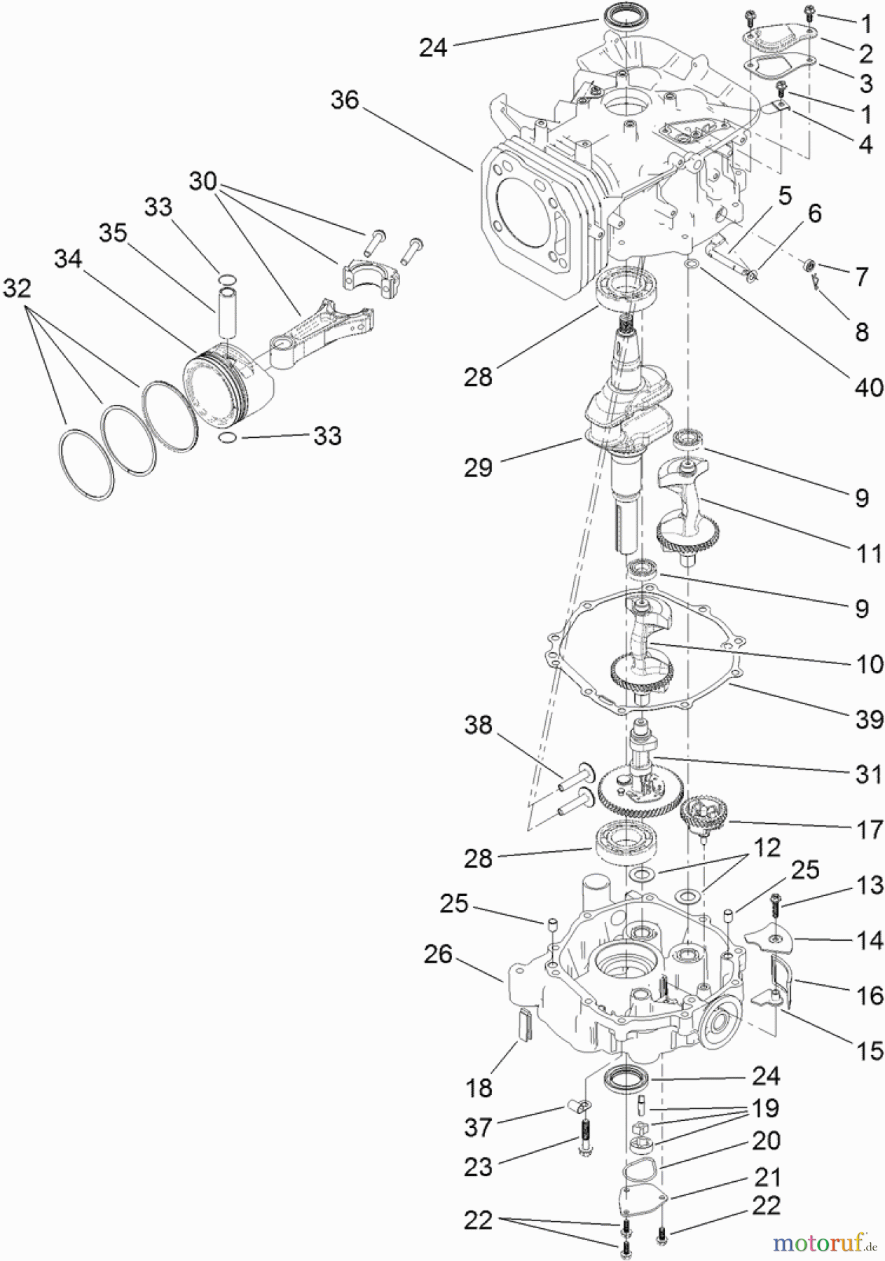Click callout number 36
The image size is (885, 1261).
tap(345, 101)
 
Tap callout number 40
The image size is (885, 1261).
tap(869, 387)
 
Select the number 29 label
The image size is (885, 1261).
tap(478, 467)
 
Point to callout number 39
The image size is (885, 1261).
tap(869, 719)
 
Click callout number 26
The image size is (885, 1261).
tap(438, 953)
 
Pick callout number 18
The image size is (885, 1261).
tap(479, 1088)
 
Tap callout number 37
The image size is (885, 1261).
tap(478, 1127)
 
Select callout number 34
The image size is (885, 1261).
tap(68, 259)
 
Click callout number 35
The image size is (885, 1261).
tap(112, 233)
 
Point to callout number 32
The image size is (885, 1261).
tap(18, 287)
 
